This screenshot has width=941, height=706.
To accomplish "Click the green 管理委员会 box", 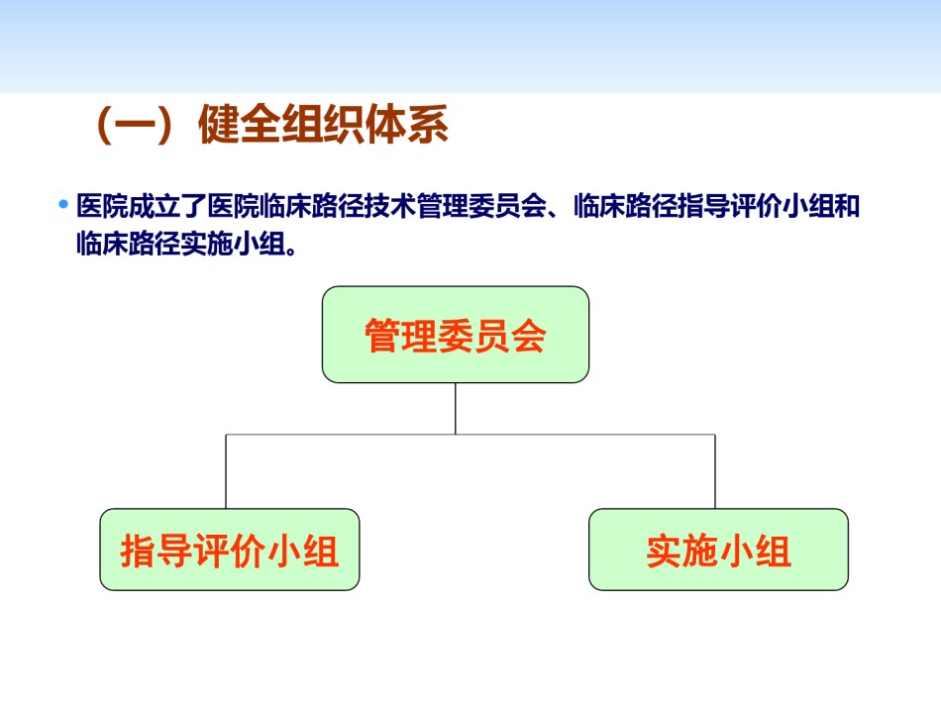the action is (456, 335).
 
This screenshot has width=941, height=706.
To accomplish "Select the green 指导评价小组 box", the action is (229, 550).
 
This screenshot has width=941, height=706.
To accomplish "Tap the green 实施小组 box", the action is (718, 550).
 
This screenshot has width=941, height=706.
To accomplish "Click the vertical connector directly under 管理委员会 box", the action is (456, 409).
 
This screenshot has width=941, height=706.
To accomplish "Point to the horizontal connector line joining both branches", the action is (470, 435).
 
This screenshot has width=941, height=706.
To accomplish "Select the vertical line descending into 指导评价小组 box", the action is (226, 471).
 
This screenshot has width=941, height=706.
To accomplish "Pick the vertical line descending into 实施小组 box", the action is (715, 471).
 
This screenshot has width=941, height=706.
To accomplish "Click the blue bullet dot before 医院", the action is (63, 205).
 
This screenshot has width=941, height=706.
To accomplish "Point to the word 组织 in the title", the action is (324, 125).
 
